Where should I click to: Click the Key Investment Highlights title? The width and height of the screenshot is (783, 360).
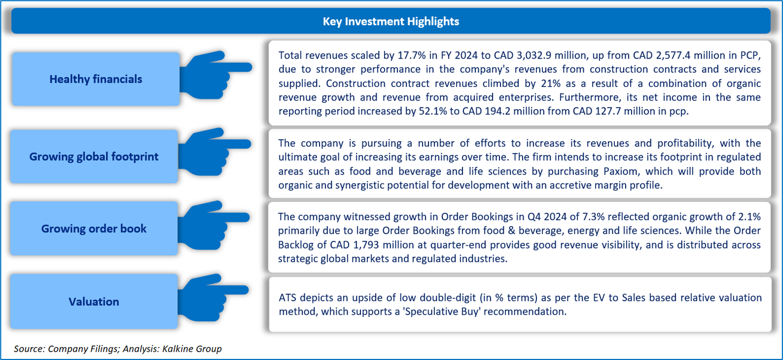390,21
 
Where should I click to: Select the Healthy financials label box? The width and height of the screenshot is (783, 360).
96,79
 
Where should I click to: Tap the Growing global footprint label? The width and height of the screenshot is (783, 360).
94,157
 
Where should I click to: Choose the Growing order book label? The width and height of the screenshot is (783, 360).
94,228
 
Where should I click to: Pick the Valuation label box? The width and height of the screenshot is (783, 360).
94,301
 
